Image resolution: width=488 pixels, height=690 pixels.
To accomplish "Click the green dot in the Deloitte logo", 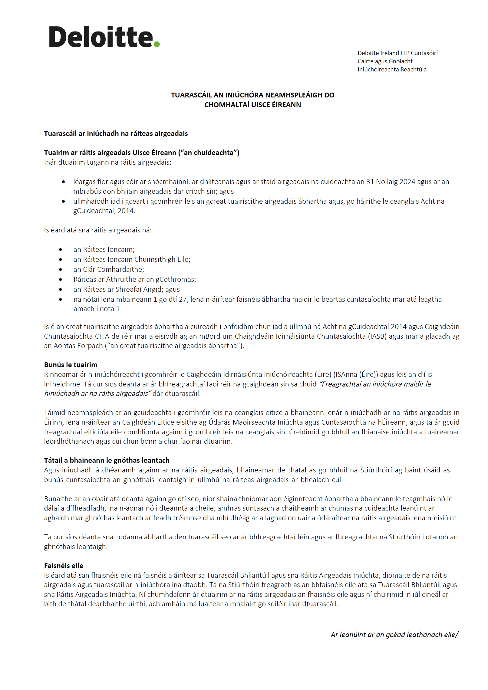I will pyautogui.click(x=157, y=44).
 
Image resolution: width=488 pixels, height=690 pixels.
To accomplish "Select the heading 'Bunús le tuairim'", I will pyautogui.click(x=71, y=365).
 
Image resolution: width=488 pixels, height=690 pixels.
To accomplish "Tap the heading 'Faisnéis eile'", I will pyautogui.click(x=64, y=566).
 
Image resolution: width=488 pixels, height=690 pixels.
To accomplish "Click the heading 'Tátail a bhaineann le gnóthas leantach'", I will pyautogui.click(x=107, y=460).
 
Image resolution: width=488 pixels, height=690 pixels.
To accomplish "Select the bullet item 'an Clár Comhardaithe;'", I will pyautogui.click(x=109, y=269).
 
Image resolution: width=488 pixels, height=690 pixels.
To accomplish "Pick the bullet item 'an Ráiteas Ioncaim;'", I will pyautogui.click(x=104, y=249).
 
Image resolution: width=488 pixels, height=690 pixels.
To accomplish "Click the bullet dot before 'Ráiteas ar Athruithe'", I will pyautogui.click(x=61, y=279).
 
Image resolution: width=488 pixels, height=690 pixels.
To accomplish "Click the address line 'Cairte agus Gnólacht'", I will pyautogui.click(x=385, y=61).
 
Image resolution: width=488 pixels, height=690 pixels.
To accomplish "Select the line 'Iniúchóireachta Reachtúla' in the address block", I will pyautogui.click(x=392, y=69).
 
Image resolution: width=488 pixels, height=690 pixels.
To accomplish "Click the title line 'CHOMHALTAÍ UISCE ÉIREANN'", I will pyautogui.click(x=252, y=105).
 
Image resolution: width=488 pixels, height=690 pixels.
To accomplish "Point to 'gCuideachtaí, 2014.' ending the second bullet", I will pyautogui.click(x=104, y=211).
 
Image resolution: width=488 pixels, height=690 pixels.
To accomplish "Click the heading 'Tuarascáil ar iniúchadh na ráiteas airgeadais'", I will pyautogui.click(x=116, y=133).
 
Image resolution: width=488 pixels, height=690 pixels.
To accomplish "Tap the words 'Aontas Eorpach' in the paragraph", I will pyautogui.click(x=78, y=346).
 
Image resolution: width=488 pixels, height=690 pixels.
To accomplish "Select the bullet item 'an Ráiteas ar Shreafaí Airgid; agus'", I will pyautogui.click(x=127, y=289).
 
